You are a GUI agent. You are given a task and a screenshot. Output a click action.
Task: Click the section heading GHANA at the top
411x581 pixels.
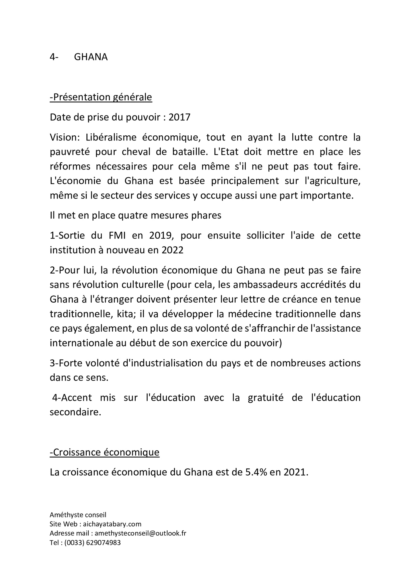[x=91, y=57]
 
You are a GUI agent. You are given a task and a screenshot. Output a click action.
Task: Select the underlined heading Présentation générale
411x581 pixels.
[x=101, y=97]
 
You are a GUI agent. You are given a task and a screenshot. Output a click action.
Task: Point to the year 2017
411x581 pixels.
[x=179, y=117]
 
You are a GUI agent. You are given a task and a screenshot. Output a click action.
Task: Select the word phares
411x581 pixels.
[x=208, y=216]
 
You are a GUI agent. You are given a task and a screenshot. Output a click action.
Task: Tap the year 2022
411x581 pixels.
[x=172, y=250]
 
